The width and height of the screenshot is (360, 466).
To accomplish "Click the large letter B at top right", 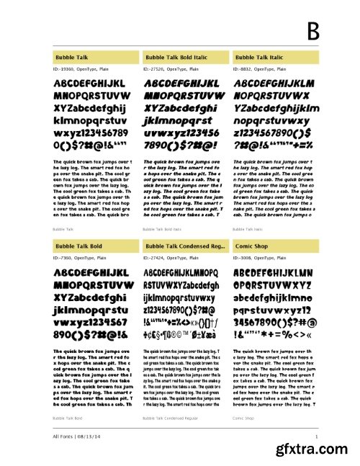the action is point(312,32).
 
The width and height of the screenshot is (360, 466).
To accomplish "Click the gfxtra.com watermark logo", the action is point(314,449).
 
